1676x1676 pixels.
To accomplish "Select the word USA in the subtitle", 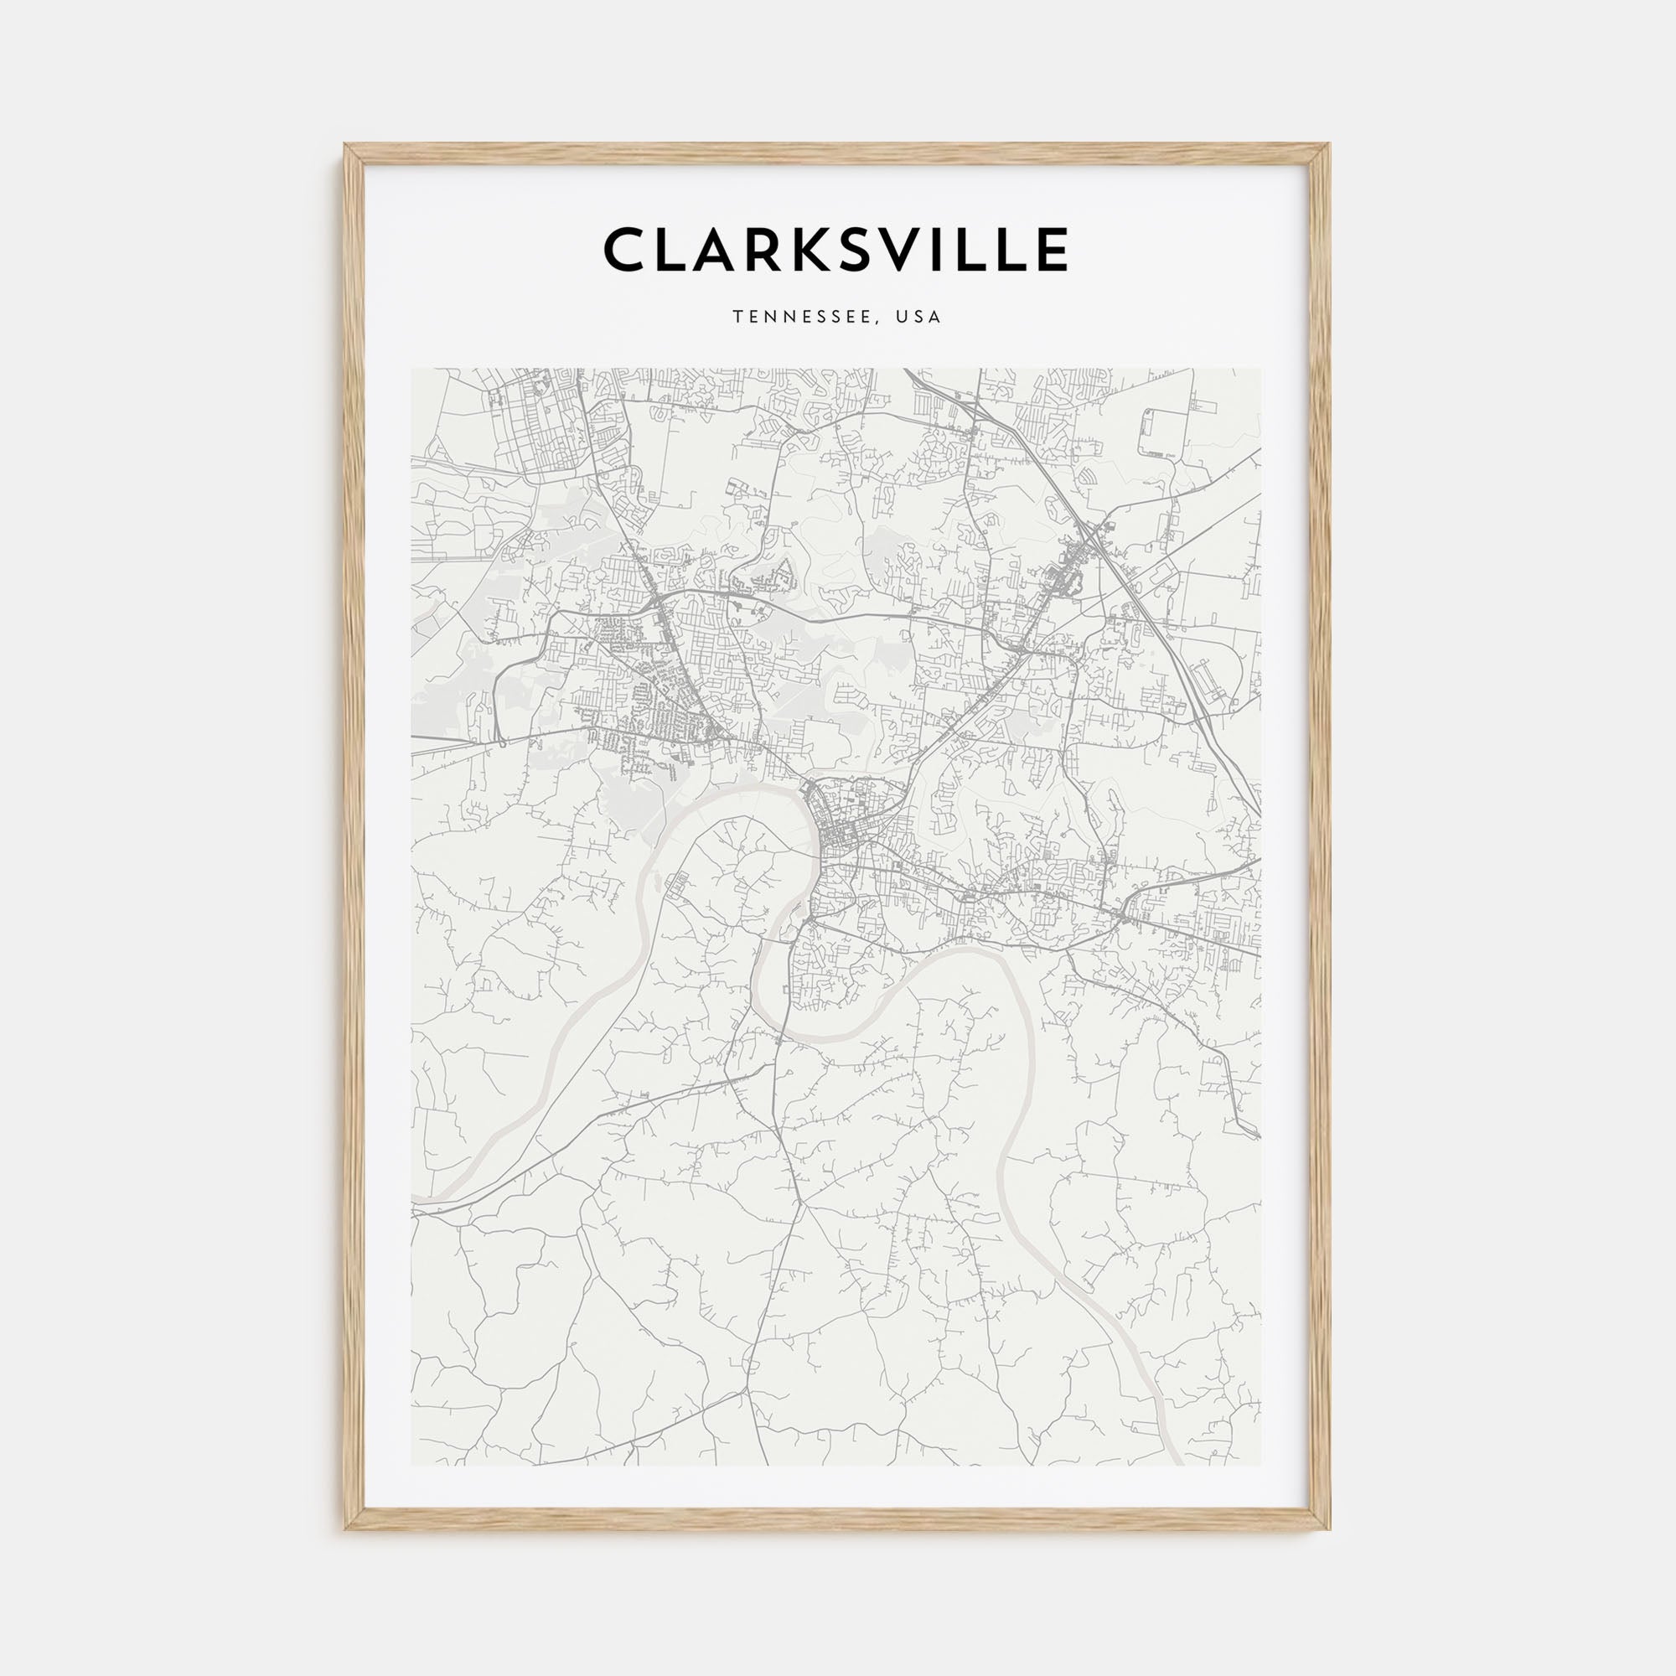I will tap(918, 318).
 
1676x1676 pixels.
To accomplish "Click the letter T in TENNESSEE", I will tap(737, 318).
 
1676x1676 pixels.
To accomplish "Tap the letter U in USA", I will tap(903, 318).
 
